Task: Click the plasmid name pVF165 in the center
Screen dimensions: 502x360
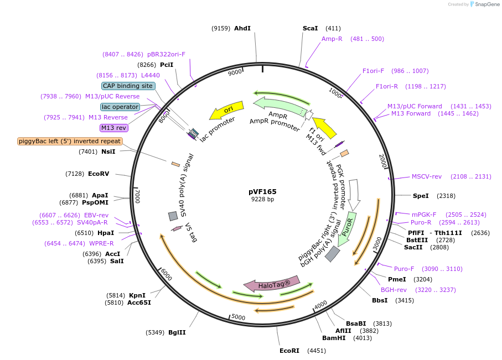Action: point(262,192)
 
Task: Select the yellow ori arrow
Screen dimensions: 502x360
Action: point(227,111)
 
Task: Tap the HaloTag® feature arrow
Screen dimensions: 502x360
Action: point(272,284)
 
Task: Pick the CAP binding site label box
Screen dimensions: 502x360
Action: point(128,86)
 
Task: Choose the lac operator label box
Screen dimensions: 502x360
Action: point(120,107)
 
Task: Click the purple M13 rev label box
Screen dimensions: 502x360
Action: point(113,128)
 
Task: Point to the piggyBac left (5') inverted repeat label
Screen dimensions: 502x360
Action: point(70,141)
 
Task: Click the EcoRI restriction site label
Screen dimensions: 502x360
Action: point(289,351)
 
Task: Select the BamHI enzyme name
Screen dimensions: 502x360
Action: point(334,338)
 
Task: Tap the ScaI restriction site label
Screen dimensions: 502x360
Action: point(310,29)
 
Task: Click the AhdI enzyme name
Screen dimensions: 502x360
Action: point(242,29)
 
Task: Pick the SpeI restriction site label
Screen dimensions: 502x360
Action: point(421,196)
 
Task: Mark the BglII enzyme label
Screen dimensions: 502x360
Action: point(177,332)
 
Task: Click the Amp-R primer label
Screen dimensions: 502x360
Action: point(332,39)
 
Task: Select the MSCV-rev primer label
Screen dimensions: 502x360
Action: point(426,176)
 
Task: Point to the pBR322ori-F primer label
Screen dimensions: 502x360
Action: point(166,54)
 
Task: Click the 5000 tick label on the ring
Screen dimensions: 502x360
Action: point(238,317)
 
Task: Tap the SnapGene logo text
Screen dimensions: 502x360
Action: point(487,4)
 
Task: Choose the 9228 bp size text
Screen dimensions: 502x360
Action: point(262,200)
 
